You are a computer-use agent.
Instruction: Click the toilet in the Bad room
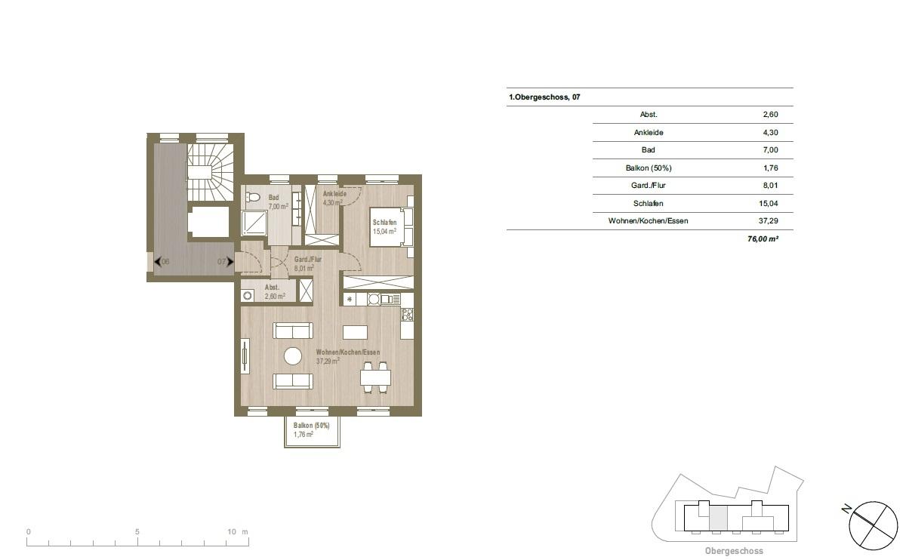[253, 198]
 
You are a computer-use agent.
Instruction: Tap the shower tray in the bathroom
[254, 223]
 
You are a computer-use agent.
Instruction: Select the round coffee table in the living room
[293, 356]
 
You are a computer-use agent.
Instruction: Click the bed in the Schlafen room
[391, 227]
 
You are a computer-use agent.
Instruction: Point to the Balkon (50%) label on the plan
[311, 426]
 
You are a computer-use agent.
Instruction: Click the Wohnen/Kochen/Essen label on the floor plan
[348, 352]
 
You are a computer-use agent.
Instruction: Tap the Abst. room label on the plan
[272, 287]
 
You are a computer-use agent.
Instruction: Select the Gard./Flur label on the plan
[308, 259]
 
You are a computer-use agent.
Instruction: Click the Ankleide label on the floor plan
[334, 194]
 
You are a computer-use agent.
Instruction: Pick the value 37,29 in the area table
[768, 221]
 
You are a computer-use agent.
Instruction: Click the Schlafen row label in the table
[648, 203]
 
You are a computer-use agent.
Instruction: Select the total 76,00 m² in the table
[763, 238]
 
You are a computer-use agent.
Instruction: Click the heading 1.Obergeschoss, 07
[544, 97]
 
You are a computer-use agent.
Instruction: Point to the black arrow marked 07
[230, 262]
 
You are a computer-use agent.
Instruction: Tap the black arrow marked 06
[158, 262]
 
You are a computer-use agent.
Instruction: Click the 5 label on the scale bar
[137, 531]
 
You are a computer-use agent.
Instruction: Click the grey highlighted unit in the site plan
[718, 518]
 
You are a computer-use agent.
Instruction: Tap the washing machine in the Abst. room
[247, 296]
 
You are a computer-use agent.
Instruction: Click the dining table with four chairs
[375, 377]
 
